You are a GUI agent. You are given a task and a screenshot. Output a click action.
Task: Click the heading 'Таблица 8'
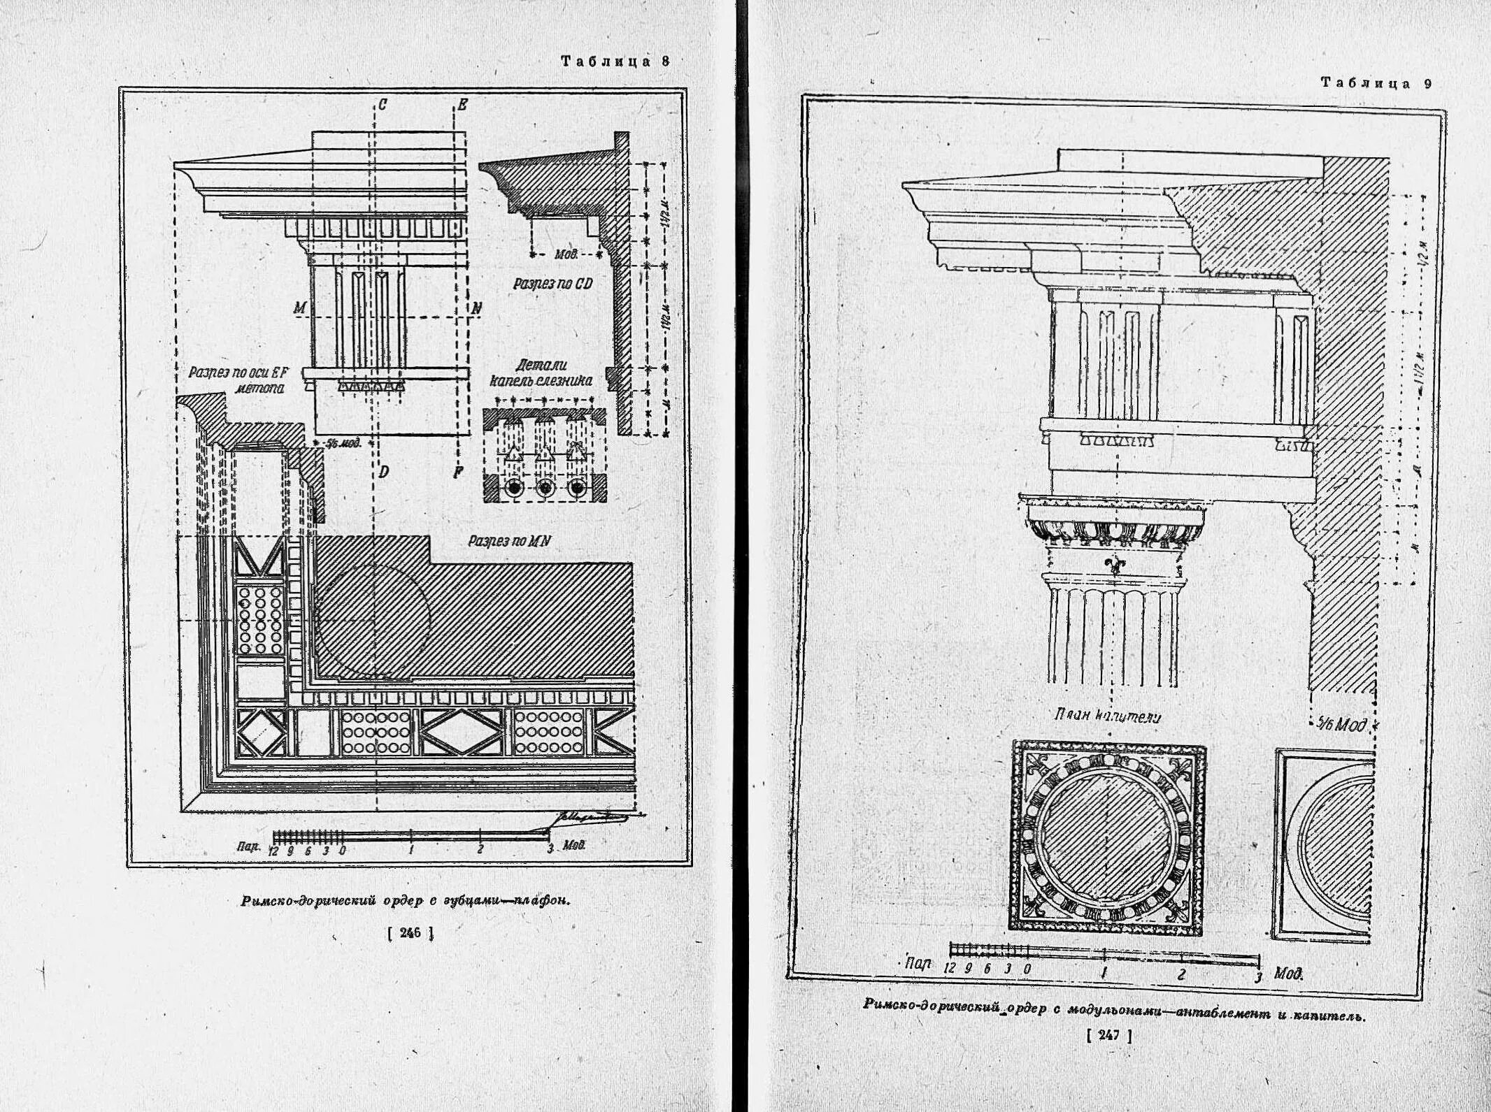pos(615,62)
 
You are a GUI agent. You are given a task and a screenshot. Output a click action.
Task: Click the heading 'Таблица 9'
pos(1376,83)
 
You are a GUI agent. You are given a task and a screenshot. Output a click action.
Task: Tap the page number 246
pos(411,932)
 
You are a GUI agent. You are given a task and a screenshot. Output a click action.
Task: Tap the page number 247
pos(1109,1036)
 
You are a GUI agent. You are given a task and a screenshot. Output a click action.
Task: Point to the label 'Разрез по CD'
pos(552,284)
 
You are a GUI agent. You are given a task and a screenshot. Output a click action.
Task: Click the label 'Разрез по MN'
pos(508,540)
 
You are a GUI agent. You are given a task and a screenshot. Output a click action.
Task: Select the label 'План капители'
pos(1107,716)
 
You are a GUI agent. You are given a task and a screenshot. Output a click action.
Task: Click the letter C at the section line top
pos(383,106)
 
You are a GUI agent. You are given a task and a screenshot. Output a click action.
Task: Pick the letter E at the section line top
pos(462,106)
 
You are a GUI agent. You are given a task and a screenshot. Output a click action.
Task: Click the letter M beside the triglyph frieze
pos(300,308)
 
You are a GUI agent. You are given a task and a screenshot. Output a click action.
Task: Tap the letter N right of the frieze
pos(477,308)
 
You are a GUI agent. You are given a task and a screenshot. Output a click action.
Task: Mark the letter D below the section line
pos(383,472)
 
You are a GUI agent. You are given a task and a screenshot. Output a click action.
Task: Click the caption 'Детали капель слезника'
pos(541,373)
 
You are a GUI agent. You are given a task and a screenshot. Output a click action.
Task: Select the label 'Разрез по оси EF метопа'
pos(238,380)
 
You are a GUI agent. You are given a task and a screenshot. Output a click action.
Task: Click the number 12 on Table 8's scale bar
pos(273,851)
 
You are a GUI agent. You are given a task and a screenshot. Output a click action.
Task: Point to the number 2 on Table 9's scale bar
pos(1181,974)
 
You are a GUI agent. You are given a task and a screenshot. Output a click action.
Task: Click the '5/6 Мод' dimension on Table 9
pos(1340,725)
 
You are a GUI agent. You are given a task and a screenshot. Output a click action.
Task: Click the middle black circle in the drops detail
pos(545,488)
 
